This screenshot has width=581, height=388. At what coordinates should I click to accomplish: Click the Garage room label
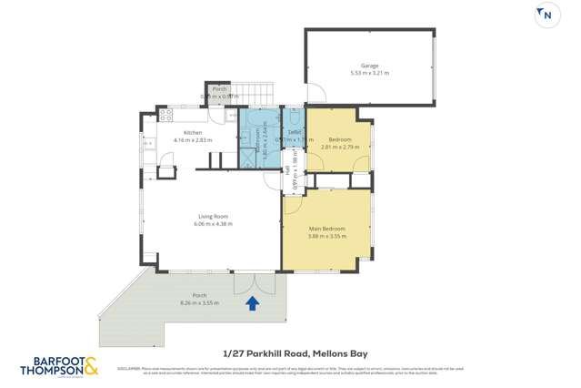(369, 66)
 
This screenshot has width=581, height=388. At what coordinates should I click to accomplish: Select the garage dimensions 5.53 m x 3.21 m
(369, 74)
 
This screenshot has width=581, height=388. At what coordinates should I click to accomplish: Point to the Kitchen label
(192, 133)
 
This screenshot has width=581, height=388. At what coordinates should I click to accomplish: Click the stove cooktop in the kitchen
(165, 116)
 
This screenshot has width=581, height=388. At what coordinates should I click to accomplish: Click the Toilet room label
(294, 133)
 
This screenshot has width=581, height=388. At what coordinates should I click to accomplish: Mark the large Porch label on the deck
(199, 295)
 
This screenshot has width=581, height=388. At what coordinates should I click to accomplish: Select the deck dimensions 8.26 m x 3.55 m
(199, 302)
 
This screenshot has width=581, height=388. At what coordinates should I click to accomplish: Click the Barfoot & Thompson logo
(60, 367)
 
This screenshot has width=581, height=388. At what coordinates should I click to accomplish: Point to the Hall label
(288, 170)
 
